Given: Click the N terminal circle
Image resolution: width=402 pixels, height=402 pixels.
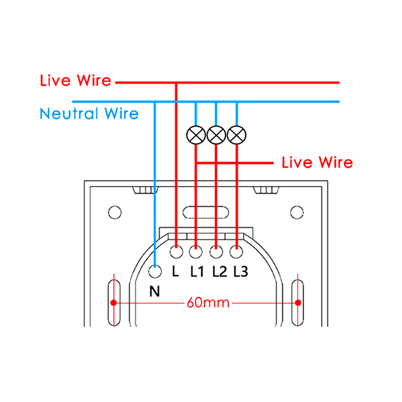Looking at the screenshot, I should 155,272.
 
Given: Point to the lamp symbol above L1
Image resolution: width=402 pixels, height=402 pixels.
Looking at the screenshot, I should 196,135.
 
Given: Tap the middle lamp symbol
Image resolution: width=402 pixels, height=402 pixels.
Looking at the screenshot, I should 216,135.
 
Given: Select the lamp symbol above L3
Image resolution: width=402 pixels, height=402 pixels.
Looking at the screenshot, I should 237,135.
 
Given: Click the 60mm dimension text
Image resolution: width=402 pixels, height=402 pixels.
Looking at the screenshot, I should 208,303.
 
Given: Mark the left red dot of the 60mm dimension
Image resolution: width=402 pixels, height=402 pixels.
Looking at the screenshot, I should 114,303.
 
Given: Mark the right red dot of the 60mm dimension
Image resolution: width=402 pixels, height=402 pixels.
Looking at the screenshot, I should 298,303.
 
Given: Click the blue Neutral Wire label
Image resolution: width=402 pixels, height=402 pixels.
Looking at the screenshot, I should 89,114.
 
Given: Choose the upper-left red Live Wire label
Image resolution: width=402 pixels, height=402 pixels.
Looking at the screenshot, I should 75,81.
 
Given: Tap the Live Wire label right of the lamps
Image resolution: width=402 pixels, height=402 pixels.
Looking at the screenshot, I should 317,163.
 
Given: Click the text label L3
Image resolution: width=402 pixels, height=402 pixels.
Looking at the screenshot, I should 241,272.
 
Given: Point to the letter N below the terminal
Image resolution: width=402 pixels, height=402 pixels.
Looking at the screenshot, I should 154,292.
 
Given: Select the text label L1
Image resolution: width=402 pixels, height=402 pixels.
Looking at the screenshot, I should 197,272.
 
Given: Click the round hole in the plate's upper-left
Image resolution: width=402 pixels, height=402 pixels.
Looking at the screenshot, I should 115,212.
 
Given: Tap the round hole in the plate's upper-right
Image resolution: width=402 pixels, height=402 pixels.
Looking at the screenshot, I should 297,212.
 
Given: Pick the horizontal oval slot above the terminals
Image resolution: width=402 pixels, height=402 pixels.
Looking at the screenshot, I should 206,212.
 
